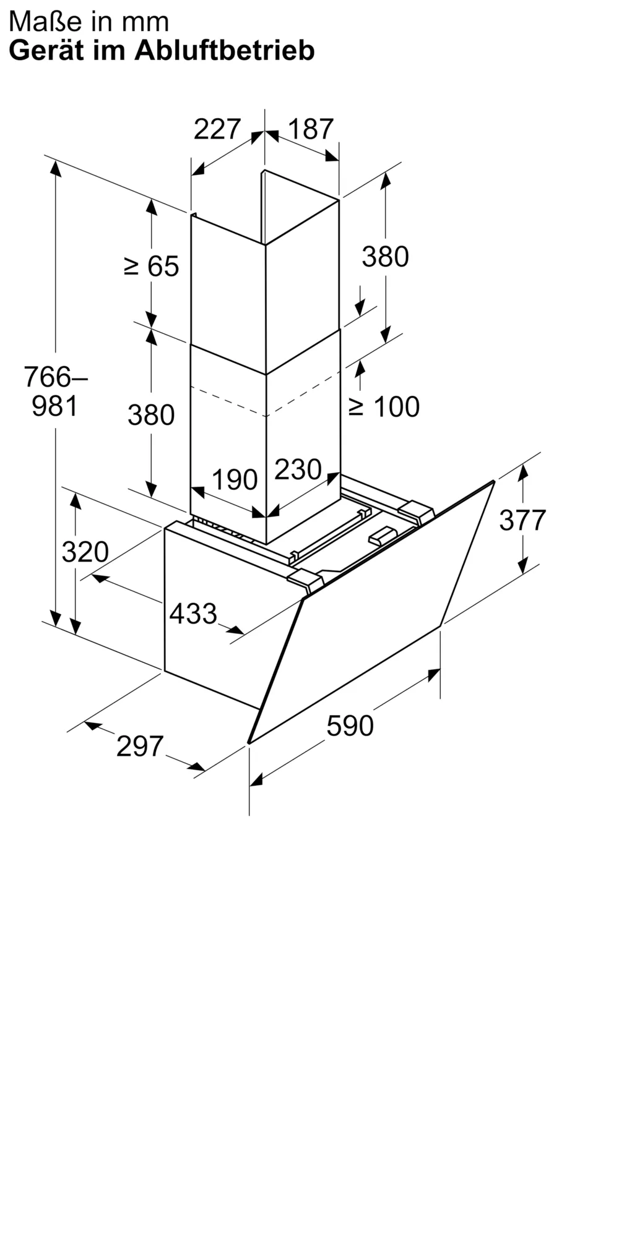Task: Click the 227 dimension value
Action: click(217, 129)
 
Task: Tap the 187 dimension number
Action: click(311, 129)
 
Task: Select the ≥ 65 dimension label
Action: click(152, 267)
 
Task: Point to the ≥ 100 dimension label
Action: click(384, 406)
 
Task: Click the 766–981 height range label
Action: click(55, 391)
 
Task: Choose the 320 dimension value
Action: click(85, 552)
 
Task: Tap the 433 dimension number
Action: click(193, 614)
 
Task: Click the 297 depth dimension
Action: click(140, 747)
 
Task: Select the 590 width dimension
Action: click(350, 726)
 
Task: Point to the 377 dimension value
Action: click(523, 520)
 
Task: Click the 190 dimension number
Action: click(235, 480)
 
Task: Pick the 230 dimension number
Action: click(298, 469)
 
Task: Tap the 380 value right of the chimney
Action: click(386, 257)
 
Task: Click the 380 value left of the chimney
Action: click(151, 415)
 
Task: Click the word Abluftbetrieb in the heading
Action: click(225, 50)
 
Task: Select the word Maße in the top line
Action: click(40, 22)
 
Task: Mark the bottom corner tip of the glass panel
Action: click(249, 742)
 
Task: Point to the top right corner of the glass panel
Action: click(494, 481)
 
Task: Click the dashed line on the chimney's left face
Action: click(228, 401)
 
